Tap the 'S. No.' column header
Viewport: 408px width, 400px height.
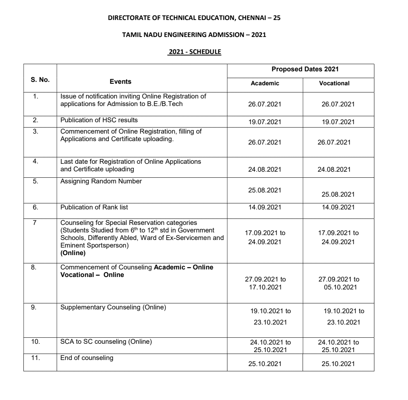[40, 80]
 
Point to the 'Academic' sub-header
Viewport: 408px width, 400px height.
[265, 83]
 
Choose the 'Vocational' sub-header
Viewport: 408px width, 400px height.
[334, 83]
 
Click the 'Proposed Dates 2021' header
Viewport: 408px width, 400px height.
[300, 70]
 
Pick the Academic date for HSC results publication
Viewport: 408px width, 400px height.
[265, 122]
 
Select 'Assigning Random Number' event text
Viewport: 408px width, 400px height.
[101, 181]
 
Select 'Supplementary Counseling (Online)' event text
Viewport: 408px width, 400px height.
[113, 308]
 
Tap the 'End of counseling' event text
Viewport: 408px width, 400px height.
[87, 358]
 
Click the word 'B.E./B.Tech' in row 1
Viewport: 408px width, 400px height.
[167, 104]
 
